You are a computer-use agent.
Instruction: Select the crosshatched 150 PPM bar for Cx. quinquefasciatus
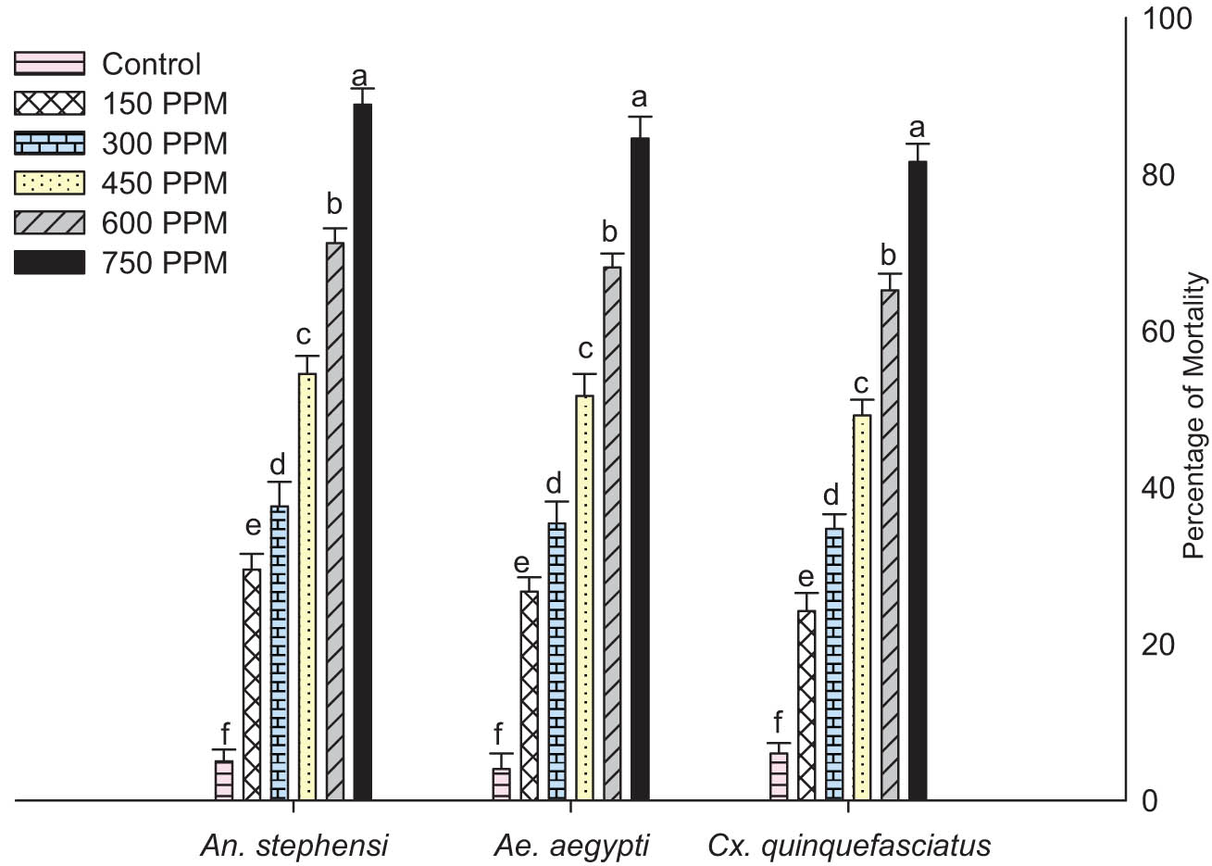point(806,705)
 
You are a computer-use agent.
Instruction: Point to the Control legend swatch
point(50,64)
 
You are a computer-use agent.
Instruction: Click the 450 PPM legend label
point(164,183)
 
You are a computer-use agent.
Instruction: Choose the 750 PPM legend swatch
point(50,263)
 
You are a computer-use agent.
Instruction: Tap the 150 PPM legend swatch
point(50,104)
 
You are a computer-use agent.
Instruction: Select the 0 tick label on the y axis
point(1150,801)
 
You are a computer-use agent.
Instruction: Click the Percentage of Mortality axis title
point(1195,415)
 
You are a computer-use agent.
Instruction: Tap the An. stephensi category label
point(294,846)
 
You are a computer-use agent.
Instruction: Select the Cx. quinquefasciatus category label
point(848,846)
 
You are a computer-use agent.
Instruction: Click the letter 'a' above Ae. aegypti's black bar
point(639,97)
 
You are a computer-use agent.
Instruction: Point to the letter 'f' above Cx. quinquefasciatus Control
point(778,722)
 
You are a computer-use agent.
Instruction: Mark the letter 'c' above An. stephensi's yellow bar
point(306,335)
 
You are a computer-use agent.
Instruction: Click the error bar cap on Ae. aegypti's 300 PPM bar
point(556,502)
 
